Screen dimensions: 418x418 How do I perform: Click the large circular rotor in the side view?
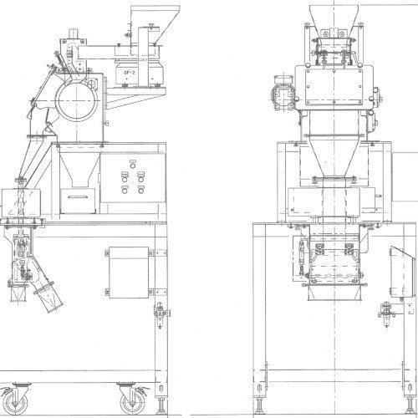pos(77,100)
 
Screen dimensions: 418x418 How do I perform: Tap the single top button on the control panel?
pos(133,166)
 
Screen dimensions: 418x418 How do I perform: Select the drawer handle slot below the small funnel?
pos(79,197)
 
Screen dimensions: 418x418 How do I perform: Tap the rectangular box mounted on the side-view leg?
pos(129,273)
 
